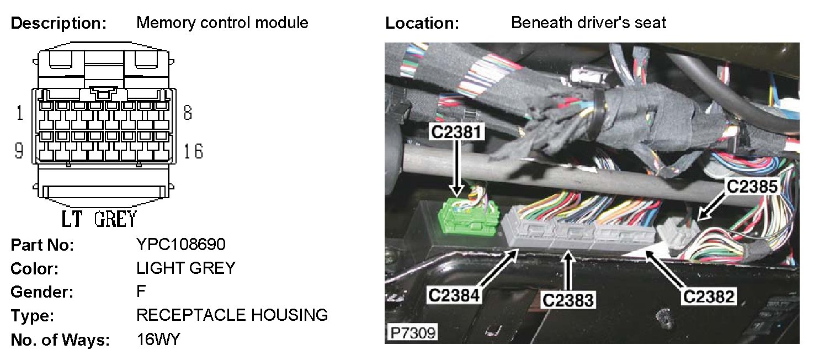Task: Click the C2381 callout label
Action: click(x=458, y=131)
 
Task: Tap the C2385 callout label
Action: click(x=752, y=187)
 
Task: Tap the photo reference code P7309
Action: click(x=412, y=333)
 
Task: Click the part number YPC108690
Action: click(x=181, y=245)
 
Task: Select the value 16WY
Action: click(x=158, y=340)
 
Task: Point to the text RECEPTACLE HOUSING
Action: click(x=232, y=315)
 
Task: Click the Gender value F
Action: click(x=141, y=292)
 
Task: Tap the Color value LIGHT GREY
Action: click(x=185, y=268)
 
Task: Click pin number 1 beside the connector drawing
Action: click(x=20, y=114)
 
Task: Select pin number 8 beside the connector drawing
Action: click(x=188, y=114)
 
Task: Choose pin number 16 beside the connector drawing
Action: click(x=194, y=151)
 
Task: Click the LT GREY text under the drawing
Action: click(x=98, y=219)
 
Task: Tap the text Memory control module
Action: click(x=222, y=23)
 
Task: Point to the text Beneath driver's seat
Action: click(x=588, y=23)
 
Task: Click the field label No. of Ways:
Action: click(x=60, y=340)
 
